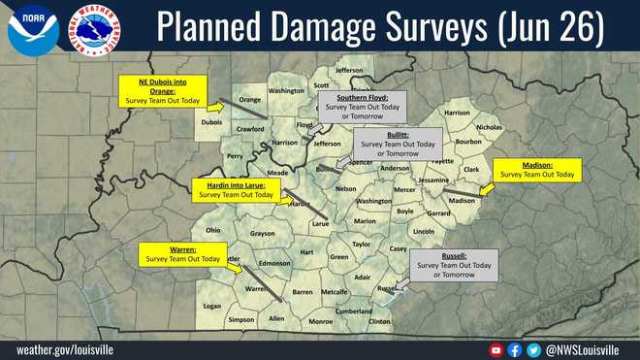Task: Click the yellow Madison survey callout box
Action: [536, 170]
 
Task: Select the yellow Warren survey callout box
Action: [182, 254]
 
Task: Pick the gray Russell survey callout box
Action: [455, 265]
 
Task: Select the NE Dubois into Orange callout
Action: [161, 91]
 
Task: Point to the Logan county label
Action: [211, 306]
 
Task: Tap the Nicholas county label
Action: [490, 127]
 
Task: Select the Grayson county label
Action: [263, 234]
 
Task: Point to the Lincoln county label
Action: [424, 232]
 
